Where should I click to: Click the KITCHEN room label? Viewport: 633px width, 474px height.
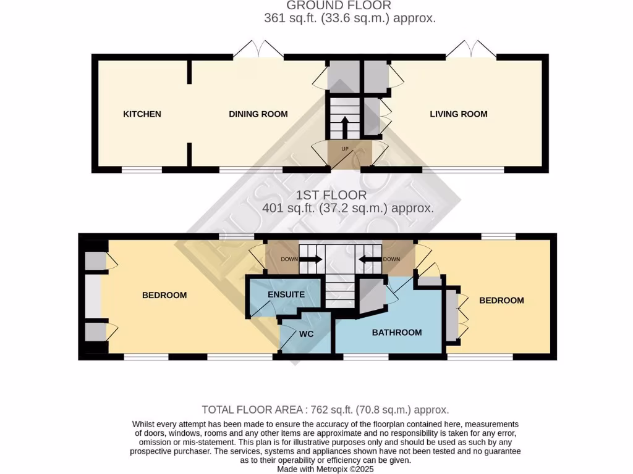(x=142, y=114)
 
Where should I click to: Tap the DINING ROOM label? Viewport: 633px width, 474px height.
(x=258, y=114)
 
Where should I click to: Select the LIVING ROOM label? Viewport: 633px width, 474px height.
(x=459, y=114)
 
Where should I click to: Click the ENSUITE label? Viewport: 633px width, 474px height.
(x=286, y=295)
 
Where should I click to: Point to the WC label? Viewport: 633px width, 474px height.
(x=307, y=334)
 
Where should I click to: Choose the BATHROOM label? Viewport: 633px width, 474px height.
(x=397, y=333)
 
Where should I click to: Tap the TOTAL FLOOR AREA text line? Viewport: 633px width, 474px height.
(x=325, y=410)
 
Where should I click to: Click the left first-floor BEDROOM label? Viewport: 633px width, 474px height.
(x=164, y=296)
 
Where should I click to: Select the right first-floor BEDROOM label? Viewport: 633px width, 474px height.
(x=501, y=301)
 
